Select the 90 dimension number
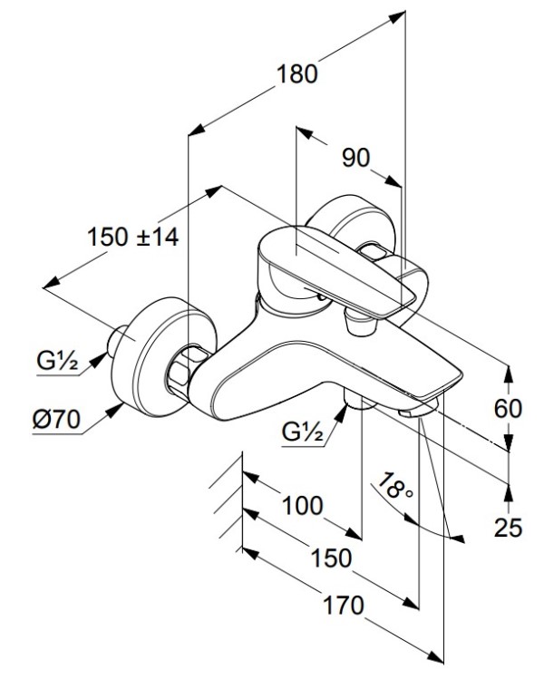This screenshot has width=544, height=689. coord(355,158)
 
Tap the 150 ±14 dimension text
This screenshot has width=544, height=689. coord(133,238)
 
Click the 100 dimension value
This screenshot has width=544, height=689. coord(301,506)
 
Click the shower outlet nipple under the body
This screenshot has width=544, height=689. coord(355,404)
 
